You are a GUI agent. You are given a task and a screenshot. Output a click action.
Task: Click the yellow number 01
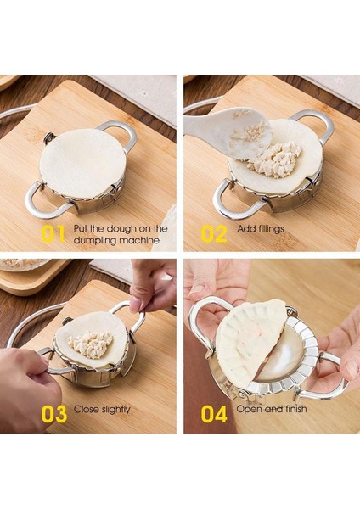[x=53, y=234]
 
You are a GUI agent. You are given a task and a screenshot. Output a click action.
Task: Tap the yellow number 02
[x=213, y=234]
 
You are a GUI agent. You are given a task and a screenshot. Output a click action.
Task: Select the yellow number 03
[x=53, y=413]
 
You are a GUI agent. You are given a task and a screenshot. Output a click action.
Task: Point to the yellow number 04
[x=214, y=413]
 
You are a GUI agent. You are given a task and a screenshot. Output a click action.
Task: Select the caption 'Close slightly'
[x=102, y=410]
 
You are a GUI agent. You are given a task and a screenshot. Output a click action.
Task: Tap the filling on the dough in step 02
[x=276, y=157]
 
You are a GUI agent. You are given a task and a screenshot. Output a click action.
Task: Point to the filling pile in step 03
[x=91, y=343]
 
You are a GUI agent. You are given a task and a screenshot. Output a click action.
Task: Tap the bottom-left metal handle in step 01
[x=37, y=200]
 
